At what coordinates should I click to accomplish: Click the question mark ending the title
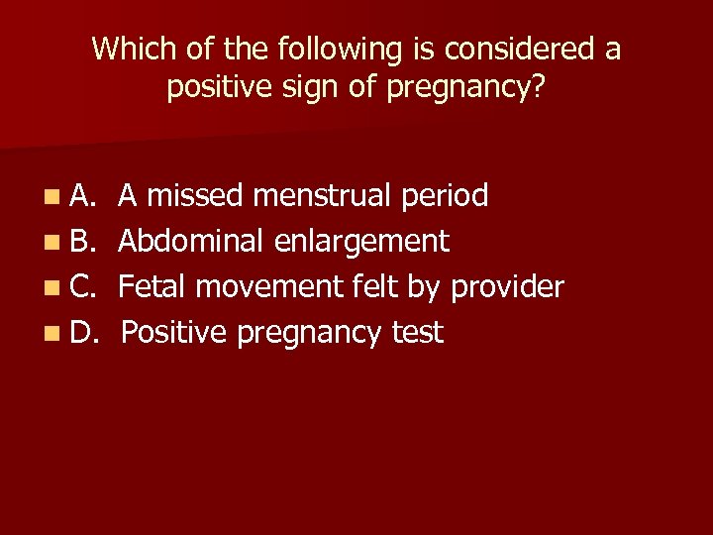pos(538,87)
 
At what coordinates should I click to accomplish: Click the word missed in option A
pos(195,196)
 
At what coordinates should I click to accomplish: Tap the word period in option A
pos(445,197)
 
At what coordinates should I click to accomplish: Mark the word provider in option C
pos(507,288)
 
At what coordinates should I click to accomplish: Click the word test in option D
pos(418,334)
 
